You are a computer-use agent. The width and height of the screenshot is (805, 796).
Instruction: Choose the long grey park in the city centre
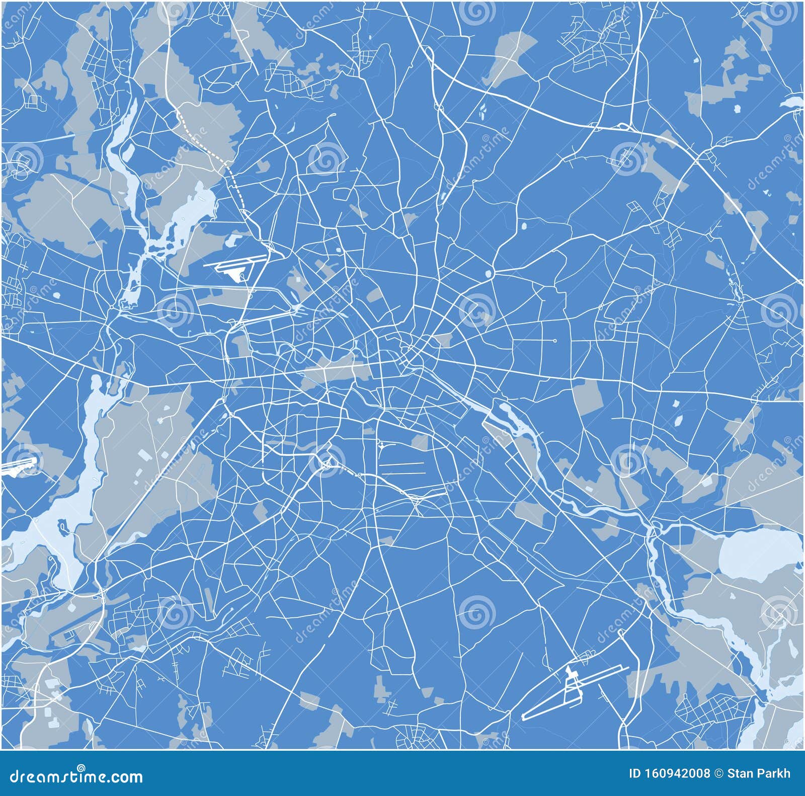coord(337,372)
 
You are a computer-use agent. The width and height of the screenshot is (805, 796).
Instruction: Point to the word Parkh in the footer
coord(775,774)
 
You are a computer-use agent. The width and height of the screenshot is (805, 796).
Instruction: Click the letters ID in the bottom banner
coord(635,774)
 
